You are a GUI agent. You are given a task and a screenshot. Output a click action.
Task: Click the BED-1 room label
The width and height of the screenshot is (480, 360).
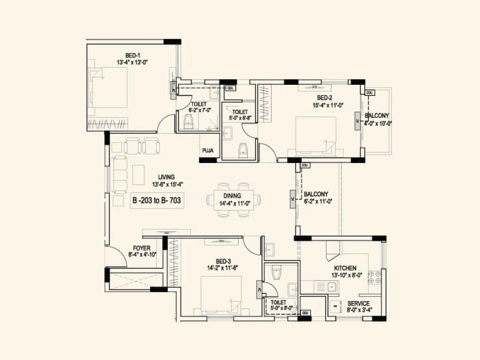pyautogui.click(x=132, y=55)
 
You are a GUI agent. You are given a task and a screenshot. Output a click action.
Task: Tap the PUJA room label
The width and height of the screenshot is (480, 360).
pyautogui.click(x=208, y=151)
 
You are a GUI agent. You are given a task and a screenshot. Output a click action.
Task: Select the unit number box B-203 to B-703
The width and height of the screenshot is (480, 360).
pyautogui.click(x=157, y=200)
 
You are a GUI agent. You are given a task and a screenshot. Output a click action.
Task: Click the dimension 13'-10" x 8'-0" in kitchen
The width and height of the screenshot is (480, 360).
pyautogui.click(x=346, y=275)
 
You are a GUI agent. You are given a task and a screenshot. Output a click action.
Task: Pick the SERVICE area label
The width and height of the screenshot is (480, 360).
pyautogui.click(x=358, y=303)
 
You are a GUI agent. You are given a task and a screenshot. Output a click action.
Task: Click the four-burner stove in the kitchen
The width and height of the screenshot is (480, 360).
pyautogui.click(x=374, y=277)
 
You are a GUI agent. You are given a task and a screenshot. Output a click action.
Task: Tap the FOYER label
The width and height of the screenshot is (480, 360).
pyautogui.click(x=142, y=248)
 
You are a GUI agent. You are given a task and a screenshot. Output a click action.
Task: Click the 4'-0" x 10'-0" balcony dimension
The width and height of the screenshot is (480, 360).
pyautogui.click(x=378, y=123)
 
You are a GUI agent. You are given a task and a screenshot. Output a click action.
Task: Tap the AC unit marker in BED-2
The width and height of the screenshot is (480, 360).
pyautogui.click(x=357, y=121)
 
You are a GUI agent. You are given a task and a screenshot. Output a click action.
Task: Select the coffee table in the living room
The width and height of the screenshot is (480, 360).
pyautogui.click(x=138, y=175)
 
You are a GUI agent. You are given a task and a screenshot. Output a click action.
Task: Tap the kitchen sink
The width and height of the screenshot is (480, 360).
pyautogui.click(x=331, y=287)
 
